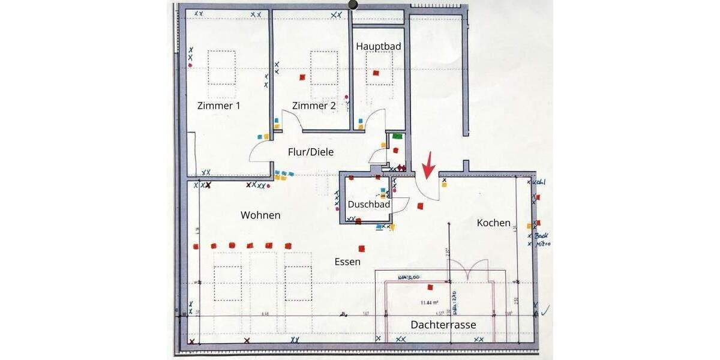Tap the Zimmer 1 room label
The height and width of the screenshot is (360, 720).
[218, 106]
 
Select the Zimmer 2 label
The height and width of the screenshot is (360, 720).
[314, 106]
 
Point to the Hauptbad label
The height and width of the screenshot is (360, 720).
[378, 46]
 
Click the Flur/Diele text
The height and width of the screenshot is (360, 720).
[310, 152]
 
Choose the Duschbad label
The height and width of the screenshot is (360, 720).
[369, 204]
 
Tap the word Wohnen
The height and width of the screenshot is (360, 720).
[260, 215]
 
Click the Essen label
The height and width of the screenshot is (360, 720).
[347, 262]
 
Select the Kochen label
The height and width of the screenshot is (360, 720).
[493, 223]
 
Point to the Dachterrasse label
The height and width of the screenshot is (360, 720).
[443, 325]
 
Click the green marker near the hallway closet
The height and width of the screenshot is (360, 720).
[397, 136]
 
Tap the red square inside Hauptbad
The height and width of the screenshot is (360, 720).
[376, 73]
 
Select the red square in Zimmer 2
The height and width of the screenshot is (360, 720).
[302, 77]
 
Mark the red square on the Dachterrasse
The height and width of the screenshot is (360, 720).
[430, 287]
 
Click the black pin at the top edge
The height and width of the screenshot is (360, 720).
[353, 5]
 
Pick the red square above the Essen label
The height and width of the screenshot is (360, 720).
[361, 248]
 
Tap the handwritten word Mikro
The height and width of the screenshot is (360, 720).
[543, 244]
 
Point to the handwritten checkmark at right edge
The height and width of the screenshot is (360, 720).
[545, 310]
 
